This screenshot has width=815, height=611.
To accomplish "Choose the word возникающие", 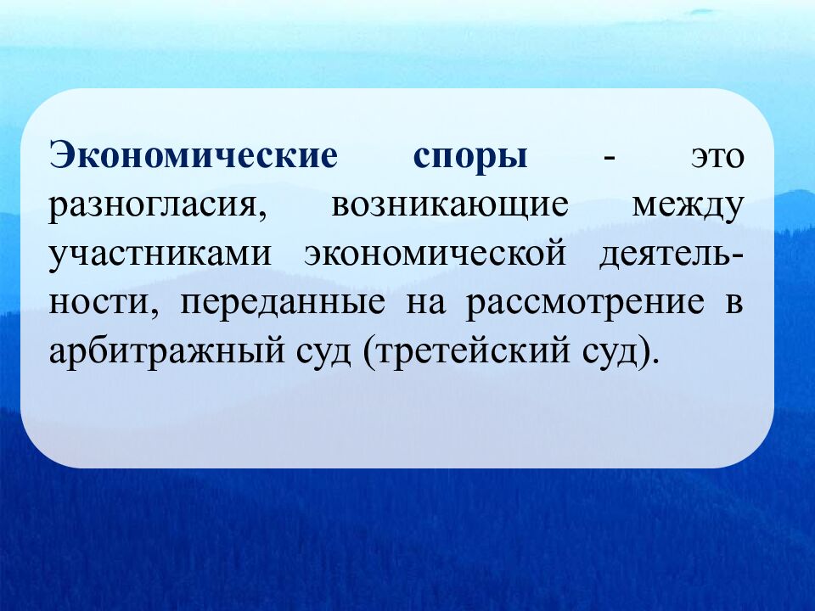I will (449, 207).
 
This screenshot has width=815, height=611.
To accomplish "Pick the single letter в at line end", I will (734, 304).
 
